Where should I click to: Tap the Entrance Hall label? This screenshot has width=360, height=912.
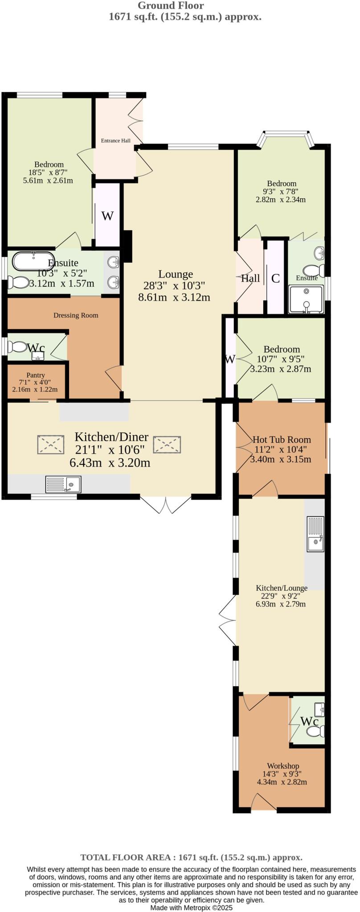[115, 141]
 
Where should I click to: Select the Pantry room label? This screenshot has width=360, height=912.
[35, 375]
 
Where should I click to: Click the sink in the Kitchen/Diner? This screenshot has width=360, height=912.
[63, 484]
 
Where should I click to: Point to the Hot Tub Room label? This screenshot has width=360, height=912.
[282, 440]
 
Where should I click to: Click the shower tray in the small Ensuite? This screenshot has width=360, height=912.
[306, 300]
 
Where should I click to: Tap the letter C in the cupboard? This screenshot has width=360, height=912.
[275, 279]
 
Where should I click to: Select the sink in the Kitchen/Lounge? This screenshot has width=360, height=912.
[315, 534]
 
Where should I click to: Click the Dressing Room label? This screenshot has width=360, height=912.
[76, 315]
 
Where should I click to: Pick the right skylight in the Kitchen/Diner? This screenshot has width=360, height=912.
[167, 444]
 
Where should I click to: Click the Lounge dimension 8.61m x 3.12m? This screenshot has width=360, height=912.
[174, 297]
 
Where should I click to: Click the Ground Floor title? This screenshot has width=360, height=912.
[171, 6]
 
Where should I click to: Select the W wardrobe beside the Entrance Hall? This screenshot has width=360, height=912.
[107, 216]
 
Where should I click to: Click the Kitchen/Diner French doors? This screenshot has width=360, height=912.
[165, 505]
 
